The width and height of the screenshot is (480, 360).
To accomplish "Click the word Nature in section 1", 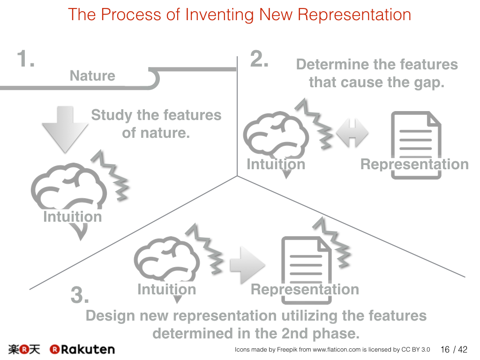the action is coord(92,75).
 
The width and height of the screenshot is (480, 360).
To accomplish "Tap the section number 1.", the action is coord(26,59).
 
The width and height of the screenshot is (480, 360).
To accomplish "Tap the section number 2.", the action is coord(259,59).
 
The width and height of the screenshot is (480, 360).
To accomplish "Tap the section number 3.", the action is coord(80,295).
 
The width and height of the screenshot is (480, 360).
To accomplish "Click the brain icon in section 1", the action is coord(69,187).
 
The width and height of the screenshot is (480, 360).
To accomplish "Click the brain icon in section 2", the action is coord(276,135).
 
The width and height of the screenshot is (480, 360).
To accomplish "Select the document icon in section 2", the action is coord(416,145).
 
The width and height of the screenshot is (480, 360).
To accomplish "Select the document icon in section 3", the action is coord(307,270).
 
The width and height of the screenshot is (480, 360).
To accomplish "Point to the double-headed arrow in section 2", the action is coord(352,133).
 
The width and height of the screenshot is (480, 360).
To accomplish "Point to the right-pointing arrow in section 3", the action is coord(247,265).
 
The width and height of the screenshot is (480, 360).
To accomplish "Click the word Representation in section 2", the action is coord(414,164).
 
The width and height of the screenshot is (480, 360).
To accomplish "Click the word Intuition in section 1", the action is coord(73,217).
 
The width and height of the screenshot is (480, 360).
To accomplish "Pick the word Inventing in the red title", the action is coord(219,15).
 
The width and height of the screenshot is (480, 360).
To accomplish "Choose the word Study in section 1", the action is coord(112,115).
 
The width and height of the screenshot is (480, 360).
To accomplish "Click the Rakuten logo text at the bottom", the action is coord(82,349).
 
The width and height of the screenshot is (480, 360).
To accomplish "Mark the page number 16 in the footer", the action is coord(445,349).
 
